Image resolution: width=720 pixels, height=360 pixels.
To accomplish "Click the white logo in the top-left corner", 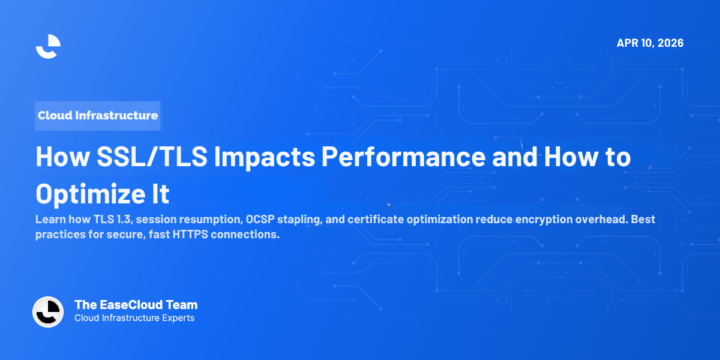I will tap(48, 46).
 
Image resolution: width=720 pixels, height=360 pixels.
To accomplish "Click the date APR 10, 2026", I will tap(650, 43).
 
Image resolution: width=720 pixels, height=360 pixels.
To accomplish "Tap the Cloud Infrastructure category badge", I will tap(98, 115).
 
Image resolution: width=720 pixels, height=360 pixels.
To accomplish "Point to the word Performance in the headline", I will tap(403, 157).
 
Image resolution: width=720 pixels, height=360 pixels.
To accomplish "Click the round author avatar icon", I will tap(48, 312).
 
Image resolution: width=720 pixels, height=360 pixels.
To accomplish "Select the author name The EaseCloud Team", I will tap(136, 305).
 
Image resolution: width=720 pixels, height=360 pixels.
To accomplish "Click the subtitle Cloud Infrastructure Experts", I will tap(134, 318).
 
